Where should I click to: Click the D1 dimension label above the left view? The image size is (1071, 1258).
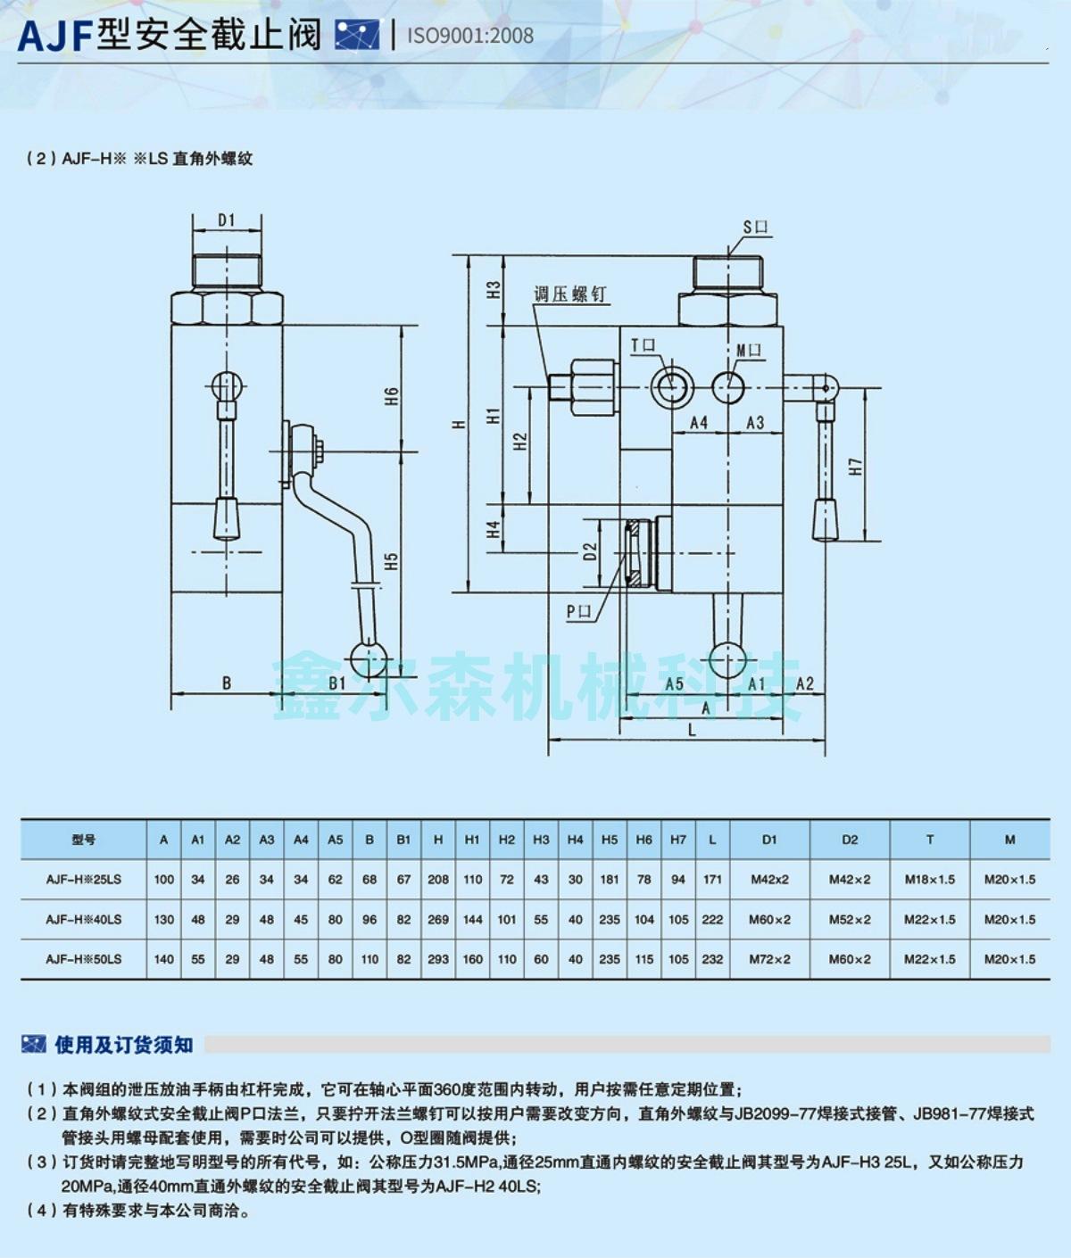pos(226,220)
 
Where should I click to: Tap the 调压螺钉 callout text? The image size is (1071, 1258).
pos(569,294)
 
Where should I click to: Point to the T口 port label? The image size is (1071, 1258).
pos(643,345)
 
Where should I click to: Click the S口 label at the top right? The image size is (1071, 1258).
pos(755,227)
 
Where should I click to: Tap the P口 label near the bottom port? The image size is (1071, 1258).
pos(578,611)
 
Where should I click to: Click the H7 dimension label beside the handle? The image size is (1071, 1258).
pos(855,466)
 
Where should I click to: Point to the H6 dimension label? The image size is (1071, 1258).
pos(391,396)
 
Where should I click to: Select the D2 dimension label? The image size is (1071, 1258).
pos(590,552)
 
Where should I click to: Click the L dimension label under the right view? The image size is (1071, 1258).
pos(692,730)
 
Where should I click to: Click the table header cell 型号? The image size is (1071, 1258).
pos(84,840)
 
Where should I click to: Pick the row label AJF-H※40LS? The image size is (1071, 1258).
pos(84,919)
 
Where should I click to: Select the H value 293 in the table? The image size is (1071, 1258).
pos(438,959)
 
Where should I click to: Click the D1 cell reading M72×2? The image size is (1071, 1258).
pos(769,959)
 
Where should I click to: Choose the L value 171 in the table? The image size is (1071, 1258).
pos(712,879)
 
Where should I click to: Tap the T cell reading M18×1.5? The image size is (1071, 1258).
pos(929,879)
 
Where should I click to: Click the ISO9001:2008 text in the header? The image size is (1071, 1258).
pos(470,36)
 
